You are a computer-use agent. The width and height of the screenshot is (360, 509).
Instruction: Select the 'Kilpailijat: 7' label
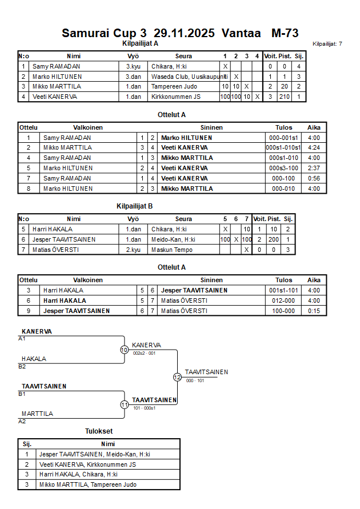pos(327,44)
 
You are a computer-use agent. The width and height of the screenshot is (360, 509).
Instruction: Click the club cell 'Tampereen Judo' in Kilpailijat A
pos(174,86)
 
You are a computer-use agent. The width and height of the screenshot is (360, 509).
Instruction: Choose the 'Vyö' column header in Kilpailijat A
pos(133,56)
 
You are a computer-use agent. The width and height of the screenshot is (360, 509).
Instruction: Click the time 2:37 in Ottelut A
pos(314,168)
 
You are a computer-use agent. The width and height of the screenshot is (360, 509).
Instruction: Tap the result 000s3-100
pos(284,168)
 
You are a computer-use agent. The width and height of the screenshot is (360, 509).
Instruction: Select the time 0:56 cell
pos(314,178)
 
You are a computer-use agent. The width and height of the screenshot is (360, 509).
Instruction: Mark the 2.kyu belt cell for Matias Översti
pos(133,250)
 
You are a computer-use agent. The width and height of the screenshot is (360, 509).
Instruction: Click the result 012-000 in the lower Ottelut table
pos(284,300)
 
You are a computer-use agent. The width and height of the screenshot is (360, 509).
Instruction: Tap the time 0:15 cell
pos(314,311)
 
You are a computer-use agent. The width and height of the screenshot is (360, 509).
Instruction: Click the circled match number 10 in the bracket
pos(124,350)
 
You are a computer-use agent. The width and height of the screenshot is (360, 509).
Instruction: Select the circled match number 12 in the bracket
pos(177,377)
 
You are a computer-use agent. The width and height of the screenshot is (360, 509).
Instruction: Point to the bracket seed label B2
pos(22,366)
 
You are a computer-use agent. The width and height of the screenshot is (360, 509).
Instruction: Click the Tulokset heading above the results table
pos(99,432)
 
